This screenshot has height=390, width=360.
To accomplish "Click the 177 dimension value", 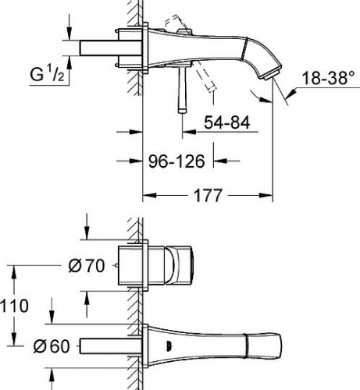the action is (x=209, y=196).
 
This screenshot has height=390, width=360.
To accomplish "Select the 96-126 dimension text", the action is (x=176, y=161).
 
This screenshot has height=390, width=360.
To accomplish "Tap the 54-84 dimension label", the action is (x=227, y=122).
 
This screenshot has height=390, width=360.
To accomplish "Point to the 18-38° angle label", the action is (x=329, y=78).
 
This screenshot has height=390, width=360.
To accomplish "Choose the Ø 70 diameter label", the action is (x=87, y=266).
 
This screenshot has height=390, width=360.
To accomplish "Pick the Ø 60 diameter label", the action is (x=52, y=346).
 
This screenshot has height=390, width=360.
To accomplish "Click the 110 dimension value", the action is (x=14, y=306).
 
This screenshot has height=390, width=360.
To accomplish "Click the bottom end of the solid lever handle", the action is (x=182, y=111).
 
